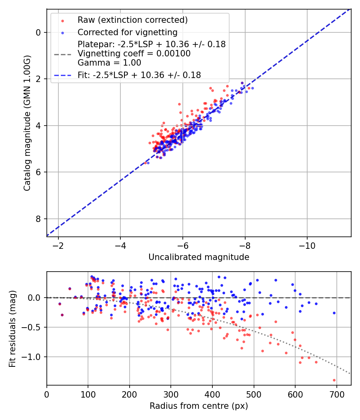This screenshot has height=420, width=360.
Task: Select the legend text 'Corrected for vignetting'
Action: (127, 32)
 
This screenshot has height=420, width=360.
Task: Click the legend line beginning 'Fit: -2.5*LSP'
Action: (139, 75)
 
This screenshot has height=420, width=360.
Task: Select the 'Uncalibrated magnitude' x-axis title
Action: (199, 257)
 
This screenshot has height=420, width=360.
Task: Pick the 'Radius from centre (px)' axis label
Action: (199, 406)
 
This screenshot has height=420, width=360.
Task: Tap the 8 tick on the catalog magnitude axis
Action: (39, 219)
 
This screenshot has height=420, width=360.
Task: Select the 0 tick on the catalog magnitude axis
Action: (39, 32)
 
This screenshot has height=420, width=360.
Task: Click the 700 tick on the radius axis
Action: (336, 394)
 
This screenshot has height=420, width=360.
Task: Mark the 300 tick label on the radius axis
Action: (171, 394)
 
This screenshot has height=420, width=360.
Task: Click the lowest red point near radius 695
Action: (334, 380)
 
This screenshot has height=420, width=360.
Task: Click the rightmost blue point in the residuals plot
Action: (334, 313)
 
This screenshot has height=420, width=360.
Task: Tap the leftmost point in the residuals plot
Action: (60, 304)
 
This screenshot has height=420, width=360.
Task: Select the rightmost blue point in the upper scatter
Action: (252, 88)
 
